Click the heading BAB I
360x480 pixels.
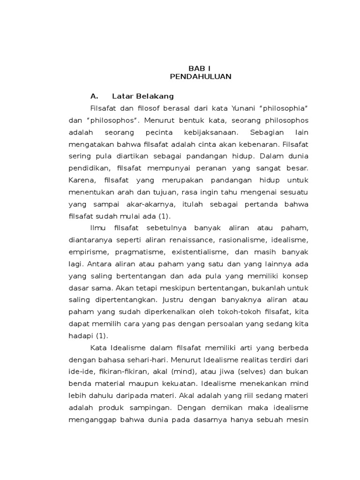point(193,68)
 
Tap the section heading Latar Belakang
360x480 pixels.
point(142,96)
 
